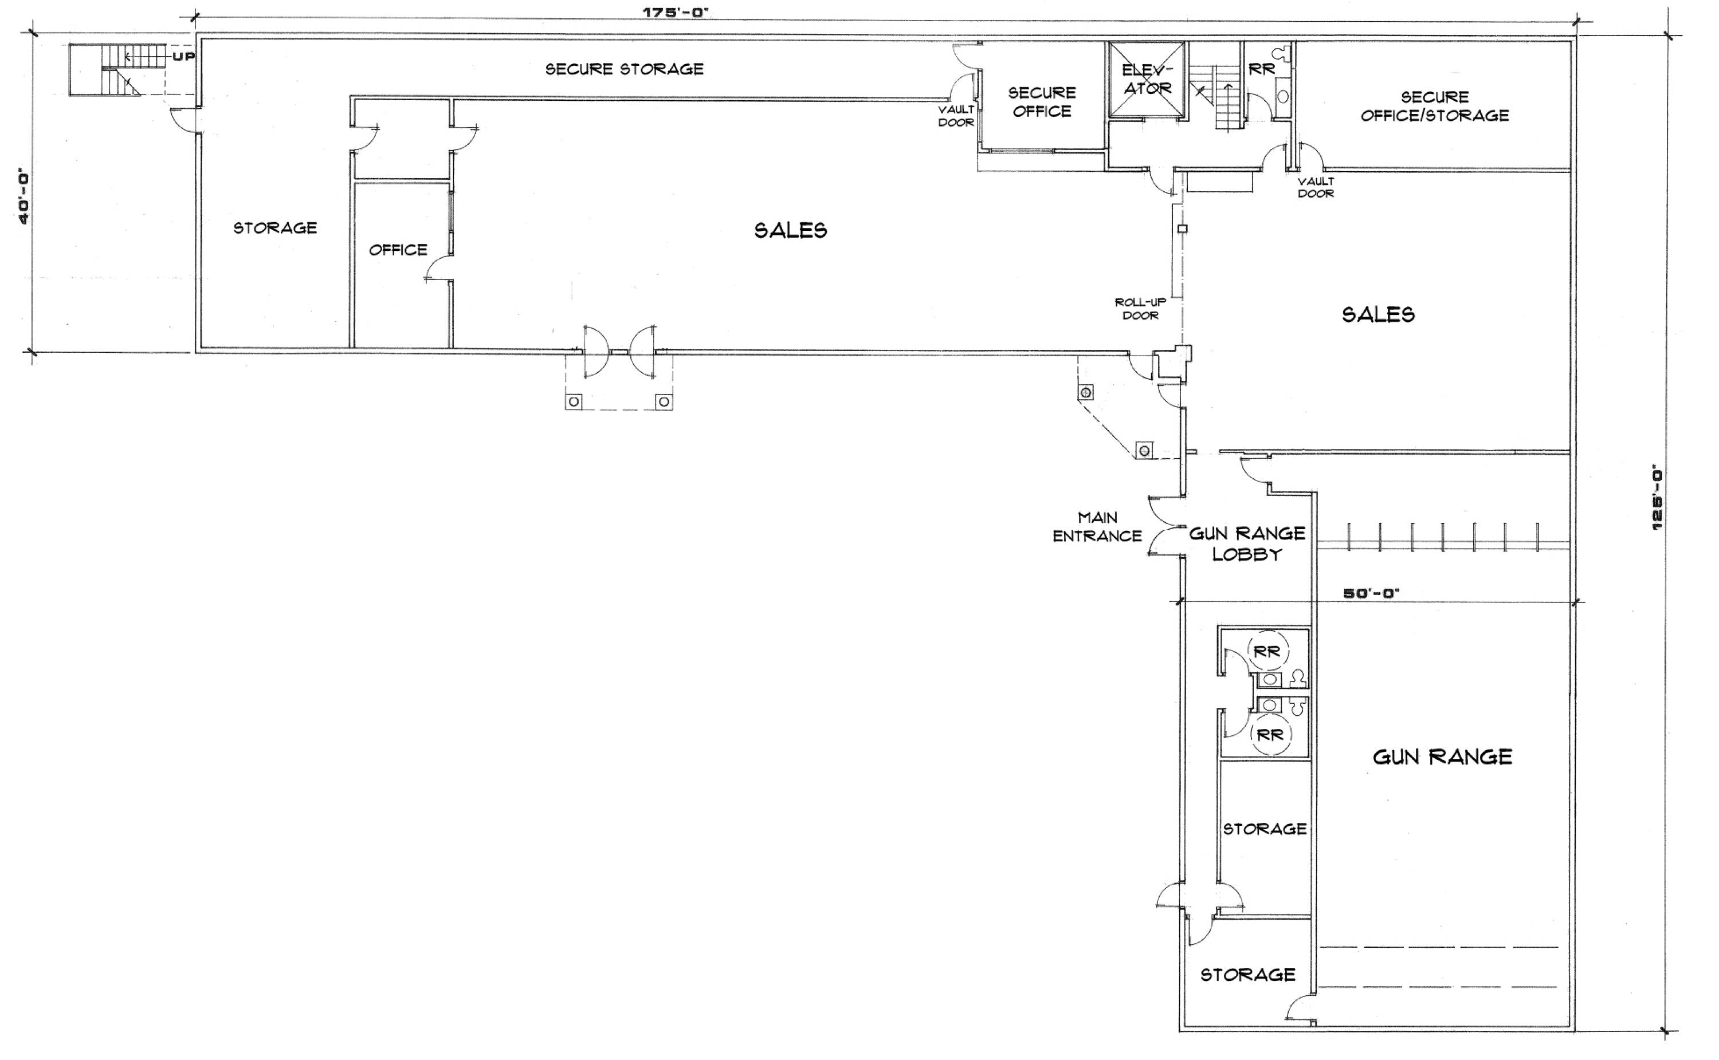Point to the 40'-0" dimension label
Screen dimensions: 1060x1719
(24, 196)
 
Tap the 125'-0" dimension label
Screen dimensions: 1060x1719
(1657, 498)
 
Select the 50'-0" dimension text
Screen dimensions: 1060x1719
(1371, 593)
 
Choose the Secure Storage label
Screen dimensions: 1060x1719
(624, 69)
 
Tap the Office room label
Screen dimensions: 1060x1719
(398, 250)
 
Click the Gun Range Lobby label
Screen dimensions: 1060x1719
(1247, 543)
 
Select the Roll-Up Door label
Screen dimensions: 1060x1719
(1140, 309)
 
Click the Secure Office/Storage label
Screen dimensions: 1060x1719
(1434, 106)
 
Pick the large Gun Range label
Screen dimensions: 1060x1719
(1442, 756)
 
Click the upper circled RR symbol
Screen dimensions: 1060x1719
(1267, 651)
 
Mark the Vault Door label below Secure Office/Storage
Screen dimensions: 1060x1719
(1315, 187)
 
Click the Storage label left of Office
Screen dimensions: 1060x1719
(275, 228)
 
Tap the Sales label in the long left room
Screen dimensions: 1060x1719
(790, 230)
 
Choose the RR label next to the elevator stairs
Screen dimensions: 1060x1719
(1262, 69)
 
